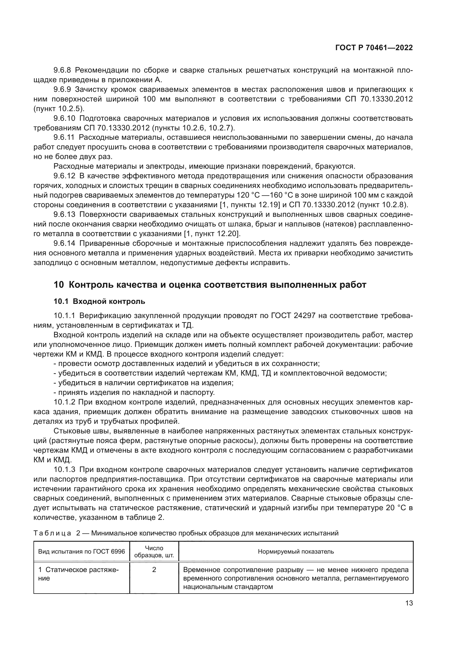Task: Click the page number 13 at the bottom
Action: point(409,603)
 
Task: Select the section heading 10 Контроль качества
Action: point(210,285)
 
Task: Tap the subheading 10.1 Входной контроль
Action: point(99,302)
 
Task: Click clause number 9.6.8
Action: point(62,70)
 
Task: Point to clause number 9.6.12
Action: point(64,176)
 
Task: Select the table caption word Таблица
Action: point(52,533)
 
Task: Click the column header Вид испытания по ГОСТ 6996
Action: point(81,552)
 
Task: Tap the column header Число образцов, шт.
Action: point(154,552)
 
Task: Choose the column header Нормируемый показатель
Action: point(296,552)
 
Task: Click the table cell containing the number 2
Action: point(154,570)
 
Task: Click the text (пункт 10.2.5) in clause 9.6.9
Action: point(59,109)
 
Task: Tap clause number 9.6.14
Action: point(64,243)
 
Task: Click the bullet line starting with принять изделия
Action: point(134,392)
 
